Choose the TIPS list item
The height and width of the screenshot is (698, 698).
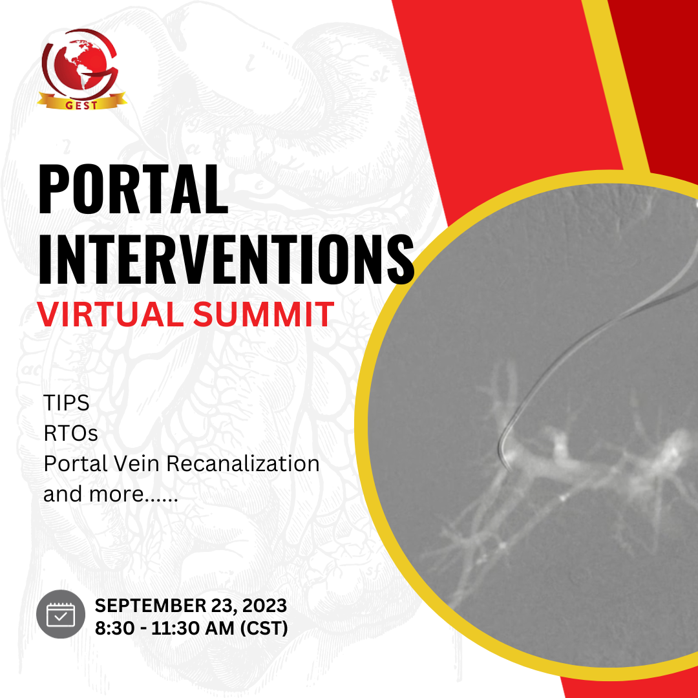(x=66, y=403)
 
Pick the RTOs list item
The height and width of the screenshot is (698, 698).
(x=70, y=433)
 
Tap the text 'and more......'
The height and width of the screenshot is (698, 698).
(x=111, y=494)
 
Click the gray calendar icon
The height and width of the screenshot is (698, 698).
(x=61, y=614)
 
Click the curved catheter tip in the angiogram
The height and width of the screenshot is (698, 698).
(x=501, y=446)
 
